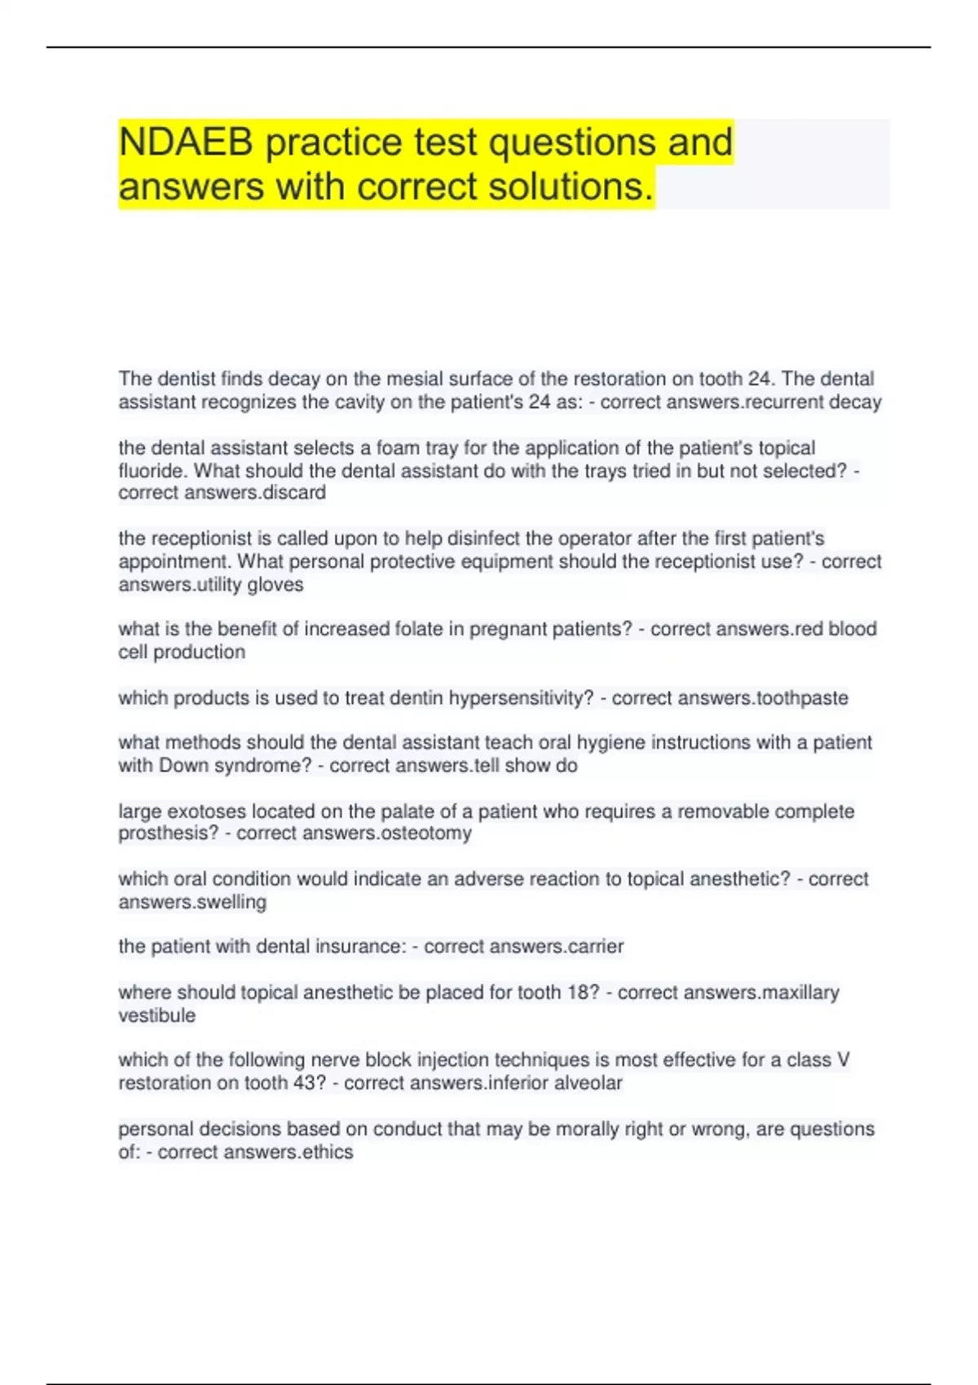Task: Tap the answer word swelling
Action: point(231,903)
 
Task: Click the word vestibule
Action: point(157,1016)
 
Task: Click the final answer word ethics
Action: point(328,1152)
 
